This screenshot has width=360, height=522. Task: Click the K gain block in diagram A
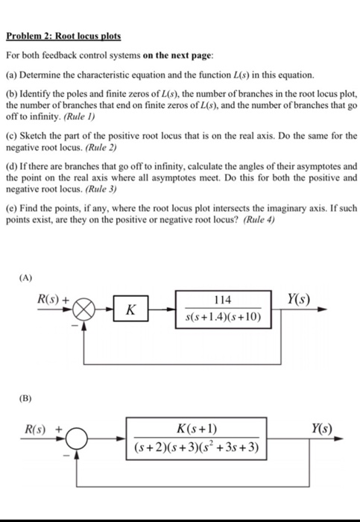coord(130,307)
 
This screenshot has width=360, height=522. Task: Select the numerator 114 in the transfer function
coord(221,299)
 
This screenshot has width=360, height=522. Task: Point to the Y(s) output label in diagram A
coord(297,298)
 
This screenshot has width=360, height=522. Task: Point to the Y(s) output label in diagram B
coord(321,430)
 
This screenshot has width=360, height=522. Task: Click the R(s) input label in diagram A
coord(51,299)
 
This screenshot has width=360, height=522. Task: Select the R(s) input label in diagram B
coord(34,430)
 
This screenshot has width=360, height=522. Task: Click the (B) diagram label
coord(26,398)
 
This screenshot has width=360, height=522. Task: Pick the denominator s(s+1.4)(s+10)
coord(222,318)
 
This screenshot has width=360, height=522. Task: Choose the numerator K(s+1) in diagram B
coord(198,429)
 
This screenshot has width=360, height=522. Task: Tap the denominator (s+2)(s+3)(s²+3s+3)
coord(198,449)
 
